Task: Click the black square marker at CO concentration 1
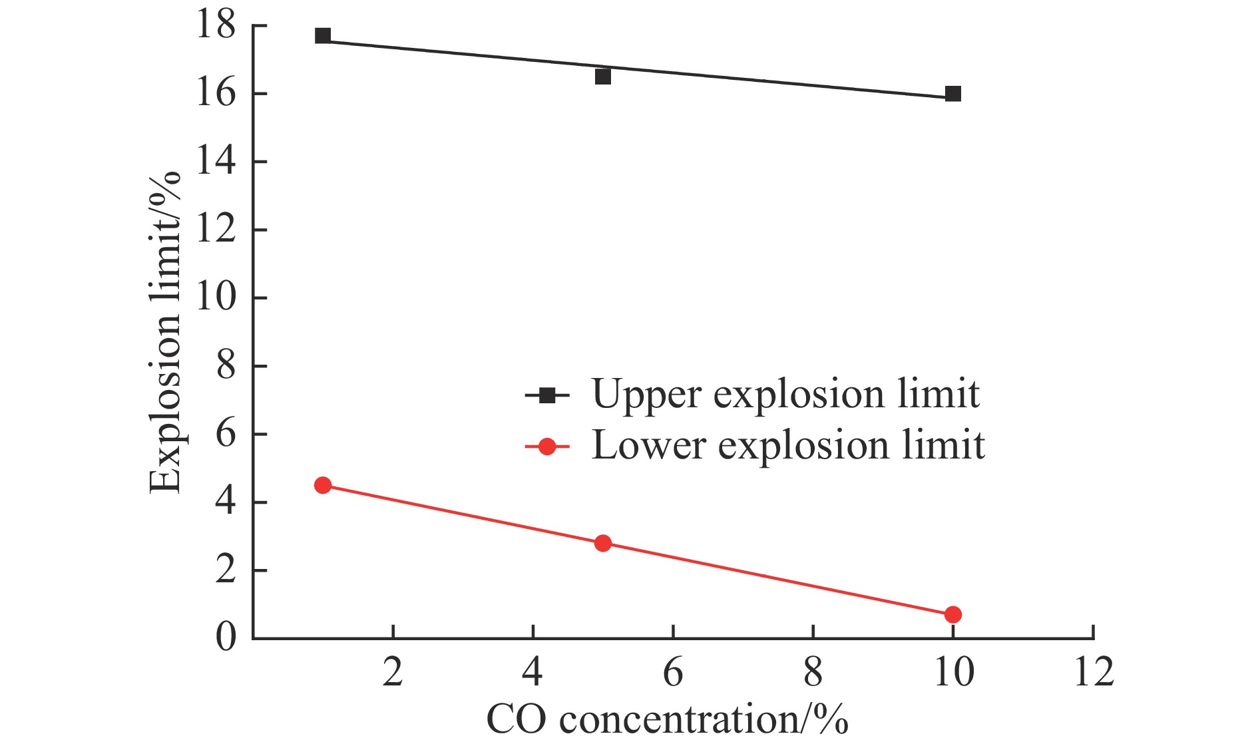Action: coord(323,35)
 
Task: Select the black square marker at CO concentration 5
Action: coord(602,77)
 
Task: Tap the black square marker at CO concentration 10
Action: coord(952,94)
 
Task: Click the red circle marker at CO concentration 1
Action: coord(323,485)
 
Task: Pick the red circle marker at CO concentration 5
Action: coord(602,543)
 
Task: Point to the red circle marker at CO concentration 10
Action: coord(952,614)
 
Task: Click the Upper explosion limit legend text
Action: coord(785,395)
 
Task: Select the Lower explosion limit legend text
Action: coord(788,445)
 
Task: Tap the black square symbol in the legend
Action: coord(547,396)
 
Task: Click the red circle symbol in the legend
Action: coord(547,447)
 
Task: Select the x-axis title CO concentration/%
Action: coord(667,719)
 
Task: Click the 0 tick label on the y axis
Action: coord(226,637)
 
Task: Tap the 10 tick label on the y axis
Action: coord(216,297)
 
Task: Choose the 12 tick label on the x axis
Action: coord(1094,672)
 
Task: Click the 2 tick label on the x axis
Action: coord(393,672)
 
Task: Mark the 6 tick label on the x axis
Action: coord(673,672)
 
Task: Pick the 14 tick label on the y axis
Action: coord(216,161)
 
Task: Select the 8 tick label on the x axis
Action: coord(813,672)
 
